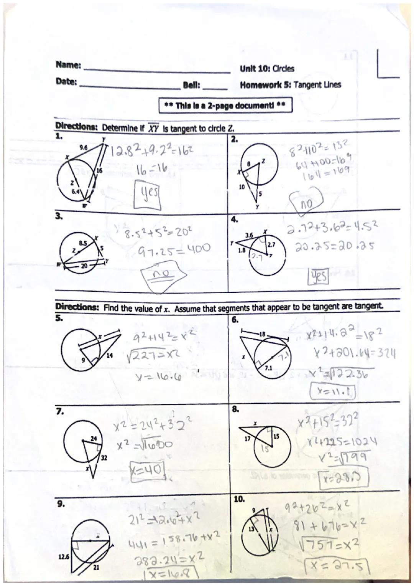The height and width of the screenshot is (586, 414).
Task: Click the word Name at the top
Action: tap(68, 65)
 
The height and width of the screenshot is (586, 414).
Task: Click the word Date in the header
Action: tap(66, 82)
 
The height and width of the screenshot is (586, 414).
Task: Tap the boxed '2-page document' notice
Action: tap(225, 105)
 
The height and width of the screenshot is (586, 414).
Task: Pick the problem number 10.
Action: tap(238, 499)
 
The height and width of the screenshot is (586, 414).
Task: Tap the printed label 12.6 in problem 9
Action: tap(64, 556)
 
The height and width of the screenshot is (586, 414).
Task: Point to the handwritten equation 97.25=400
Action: tap(174, 249)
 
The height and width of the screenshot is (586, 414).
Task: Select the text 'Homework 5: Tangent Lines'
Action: tap(290, 85)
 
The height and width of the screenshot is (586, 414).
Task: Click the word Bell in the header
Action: tap(192, 85)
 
